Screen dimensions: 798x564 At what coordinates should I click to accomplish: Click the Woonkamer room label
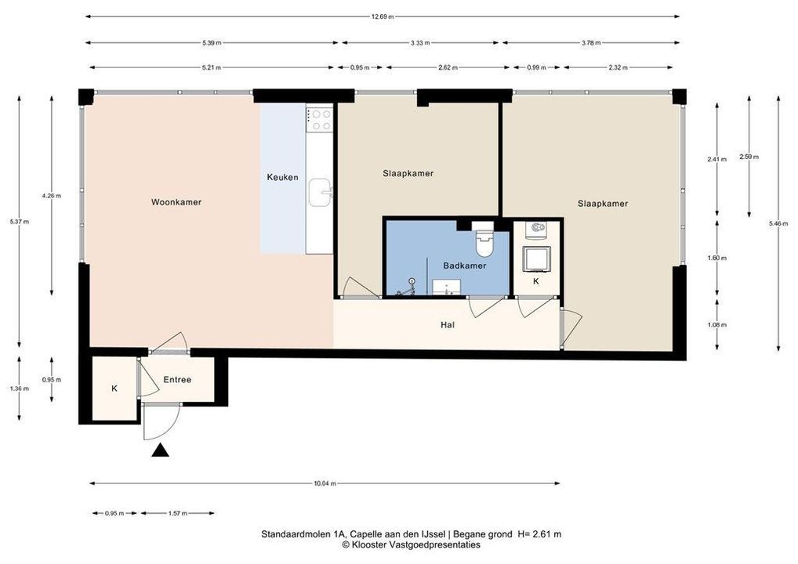176,202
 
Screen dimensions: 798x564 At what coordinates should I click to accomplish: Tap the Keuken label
282,178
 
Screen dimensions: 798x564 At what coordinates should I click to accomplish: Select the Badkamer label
465,266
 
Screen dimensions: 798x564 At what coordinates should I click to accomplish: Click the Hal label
448,325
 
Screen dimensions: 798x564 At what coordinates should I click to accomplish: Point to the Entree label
177,380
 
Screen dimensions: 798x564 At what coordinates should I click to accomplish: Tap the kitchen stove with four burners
319,119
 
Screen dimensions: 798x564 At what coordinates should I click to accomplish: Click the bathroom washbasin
447,287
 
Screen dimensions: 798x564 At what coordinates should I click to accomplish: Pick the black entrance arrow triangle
161,450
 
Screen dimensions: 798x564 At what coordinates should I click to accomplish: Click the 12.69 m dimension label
383,16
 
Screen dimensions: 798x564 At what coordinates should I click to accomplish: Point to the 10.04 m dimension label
325,483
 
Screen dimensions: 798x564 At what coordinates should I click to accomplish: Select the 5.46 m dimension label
778,223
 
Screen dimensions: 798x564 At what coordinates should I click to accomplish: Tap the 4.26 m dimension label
52,196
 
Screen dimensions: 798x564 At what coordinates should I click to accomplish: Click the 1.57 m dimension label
178,514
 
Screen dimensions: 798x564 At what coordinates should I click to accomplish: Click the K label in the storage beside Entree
114,389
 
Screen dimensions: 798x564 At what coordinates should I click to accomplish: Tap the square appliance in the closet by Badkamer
538,258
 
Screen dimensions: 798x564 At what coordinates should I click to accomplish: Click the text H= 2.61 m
539,534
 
